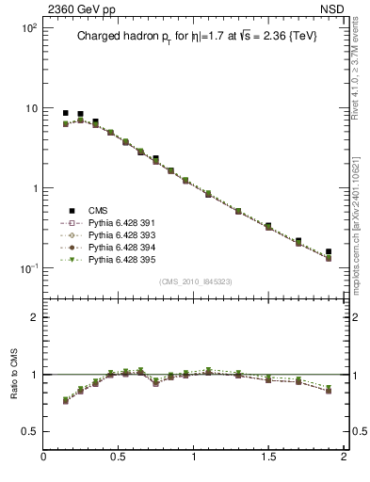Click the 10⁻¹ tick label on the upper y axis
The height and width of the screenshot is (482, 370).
(27, 268)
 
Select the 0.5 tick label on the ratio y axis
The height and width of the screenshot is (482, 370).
(28, 431)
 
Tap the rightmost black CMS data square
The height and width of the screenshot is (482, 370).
(329, 252)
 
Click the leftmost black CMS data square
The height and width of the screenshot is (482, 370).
(66, 113)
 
